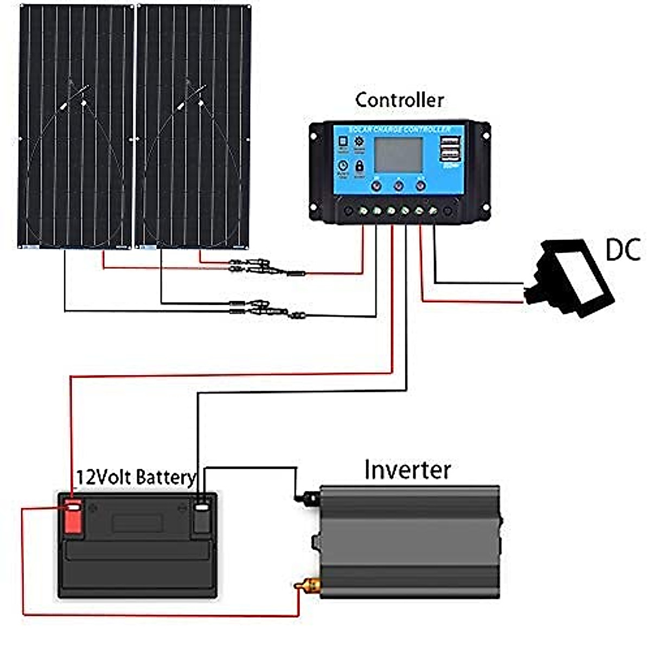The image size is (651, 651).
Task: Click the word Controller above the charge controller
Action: pyautogui.click(x=399, y=100)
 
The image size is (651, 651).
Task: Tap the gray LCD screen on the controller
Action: pyautogui.click(x=398, y=155)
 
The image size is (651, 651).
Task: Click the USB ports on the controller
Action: pyautogui.click(x=450, y=149)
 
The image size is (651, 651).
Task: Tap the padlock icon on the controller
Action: pyautogui.click(x=359, y=166)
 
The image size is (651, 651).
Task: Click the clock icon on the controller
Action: pyautogui.click(x=343, y=166)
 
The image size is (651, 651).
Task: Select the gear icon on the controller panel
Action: pyautogui.click(x=359, y=142)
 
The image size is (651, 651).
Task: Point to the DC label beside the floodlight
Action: pyautogui.click(x=623, y=250)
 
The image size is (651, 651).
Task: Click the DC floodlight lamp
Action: pyautogui.click(x=573, y=278)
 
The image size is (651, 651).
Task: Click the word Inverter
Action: pyautogui.click(x=407, y=470)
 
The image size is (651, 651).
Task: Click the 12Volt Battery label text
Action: pyautogui.click(x=136, y=477)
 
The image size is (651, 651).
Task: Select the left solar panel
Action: pyautogui.click(x=75, y=126)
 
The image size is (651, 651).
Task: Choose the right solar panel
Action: pyautogui.click(x=193, y=126)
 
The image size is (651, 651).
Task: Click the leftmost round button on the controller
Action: pyautogui.click(x=376, y=186)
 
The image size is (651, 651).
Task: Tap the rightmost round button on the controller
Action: pyautogui.click(x=420, y=186)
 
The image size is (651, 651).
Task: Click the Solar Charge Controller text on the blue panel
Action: pyautogui.click(x=399, y=130)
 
